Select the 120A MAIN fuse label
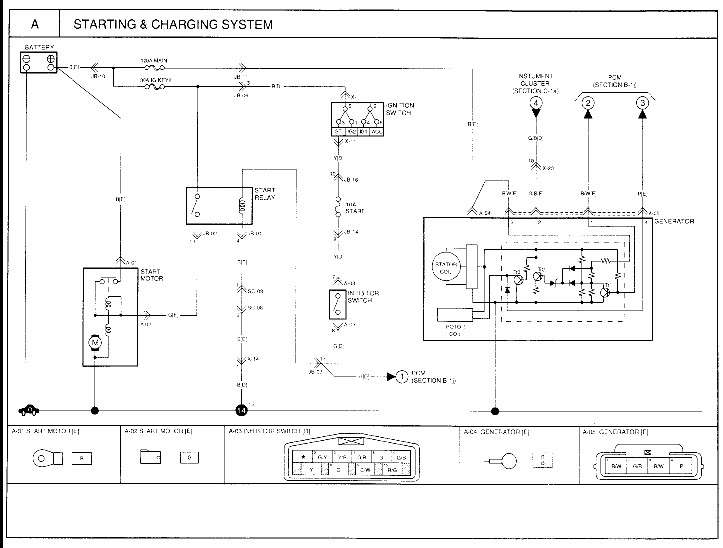click(154, 60)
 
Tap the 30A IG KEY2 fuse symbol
click(154, 87)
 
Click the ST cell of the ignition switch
click(338, 132)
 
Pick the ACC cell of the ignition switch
click(377, 132)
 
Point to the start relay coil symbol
click(242, 205)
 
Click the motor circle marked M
click(95, 343)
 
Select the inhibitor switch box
click(337, 304)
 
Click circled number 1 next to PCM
click(401, 377)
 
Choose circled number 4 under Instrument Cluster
click(535, 103)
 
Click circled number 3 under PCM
click(643, 103)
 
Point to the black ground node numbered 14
click(241, 411)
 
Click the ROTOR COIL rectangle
click(455, 315)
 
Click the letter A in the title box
click(34, 24)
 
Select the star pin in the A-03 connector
click(303, 457)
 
